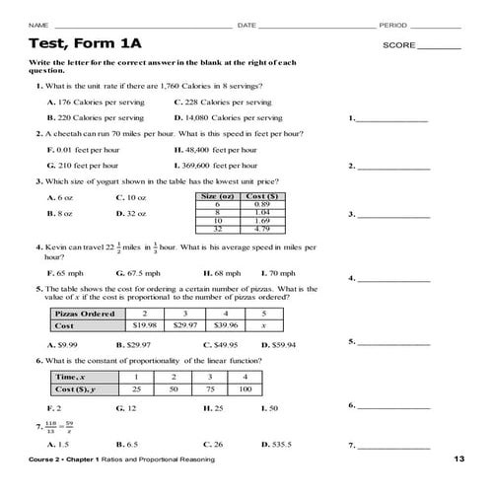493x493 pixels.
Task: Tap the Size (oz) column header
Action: (x=217, y=196)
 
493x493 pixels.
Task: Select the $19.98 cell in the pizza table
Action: (x=145, y=324)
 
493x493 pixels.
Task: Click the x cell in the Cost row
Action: (x=263, y=324)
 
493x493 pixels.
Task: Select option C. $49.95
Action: (x=220, y=344)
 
